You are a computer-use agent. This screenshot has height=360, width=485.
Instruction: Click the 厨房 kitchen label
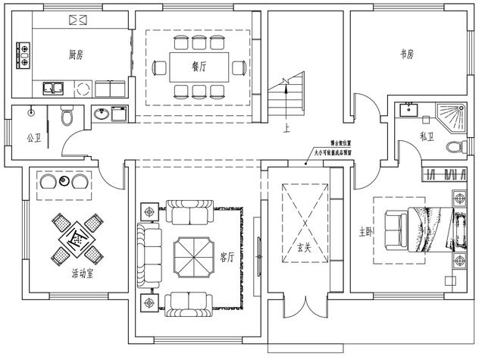tap(76, 55)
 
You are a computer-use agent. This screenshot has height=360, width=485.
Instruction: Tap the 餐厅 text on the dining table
tap(199, 66)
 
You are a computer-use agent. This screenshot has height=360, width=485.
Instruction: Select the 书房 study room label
tap(407, 55)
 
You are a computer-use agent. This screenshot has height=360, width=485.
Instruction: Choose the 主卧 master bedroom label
tap(366, 230)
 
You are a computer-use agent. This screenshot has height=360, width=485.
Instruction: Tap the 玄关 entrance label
tap(304, 247)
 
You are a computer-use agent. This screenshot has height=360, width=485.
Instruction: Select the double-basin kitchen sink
tap(53, 88)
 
